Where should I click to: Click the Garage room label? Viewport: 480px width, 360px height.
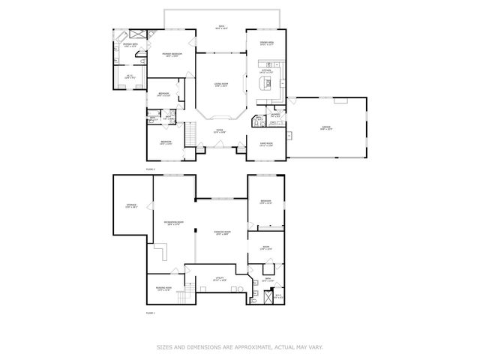coord(326,127)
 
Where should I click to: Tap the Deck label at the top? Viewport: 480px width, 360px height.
coord(222,28)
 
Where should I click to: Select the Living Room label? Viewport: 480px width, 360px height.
coord(221,85)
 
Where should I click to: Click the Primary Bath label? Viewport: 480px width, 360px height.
coord(130,45)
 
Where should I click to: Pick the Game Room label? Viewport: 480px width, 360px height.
coord(265,145)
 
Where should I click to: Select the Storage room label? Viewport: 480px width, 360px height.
coord(131,206)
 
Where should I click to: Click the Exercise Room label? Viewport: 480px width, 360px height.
coord(221,232)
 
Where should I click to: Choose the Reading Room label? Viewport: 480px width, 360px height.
coord(163,288)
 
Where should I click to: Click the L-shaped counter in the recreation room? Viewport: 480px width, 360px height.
coord(162,250)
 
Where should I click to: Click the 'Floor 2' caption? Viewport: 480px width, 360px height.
coord(150,169)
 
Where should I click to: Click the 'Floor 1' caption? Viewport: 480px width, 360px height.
coord(150,312)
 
